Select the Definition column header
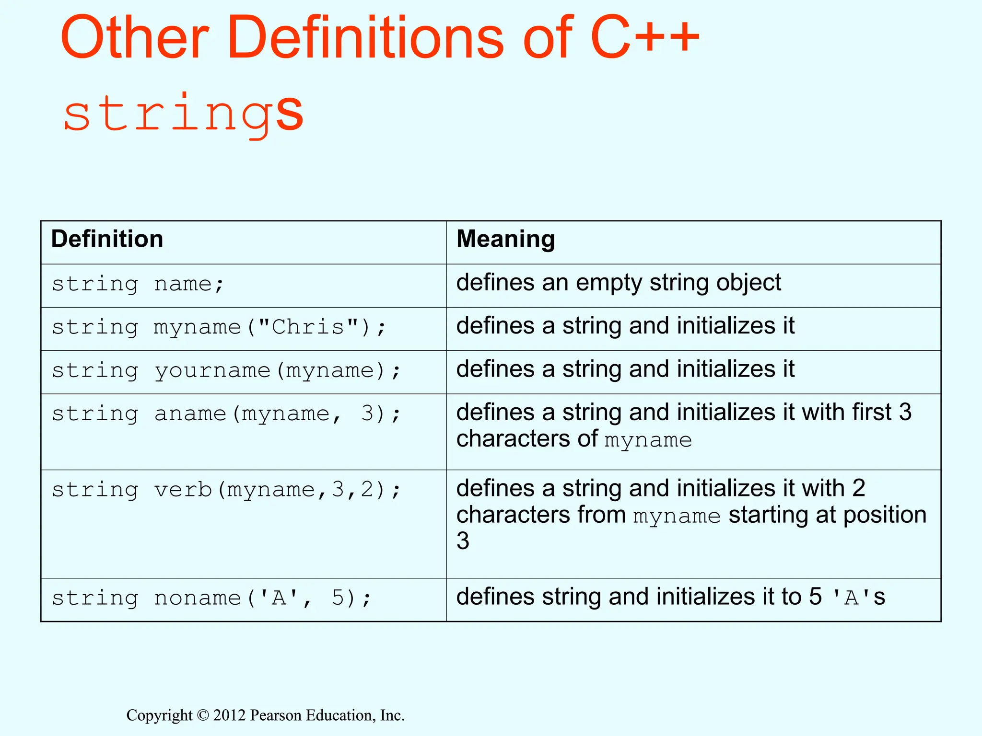107,239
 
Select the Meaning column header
505,239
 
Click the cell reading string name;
138,284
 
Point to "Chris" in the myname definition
308,327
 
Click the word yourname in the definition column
212,370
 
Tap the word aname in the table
190,414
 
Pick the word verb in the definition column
183,490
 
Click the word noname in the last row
197,598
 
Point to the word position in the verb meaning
885,515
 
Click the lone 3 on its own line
463,541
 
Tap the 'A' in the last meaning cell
851,598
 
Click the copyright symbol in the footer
203,715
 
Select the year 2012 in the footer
229,715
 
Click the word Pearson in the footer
276,715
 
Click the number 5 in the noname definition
338,598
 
